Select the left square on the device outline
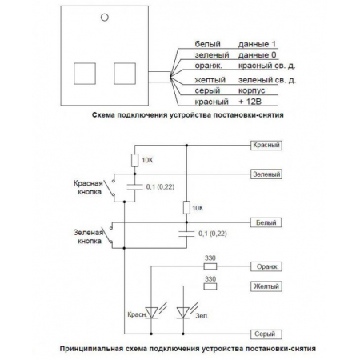[x=85, y=73]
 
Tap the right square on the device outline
[x=124, y=73]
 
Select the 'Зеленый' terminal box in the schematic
[x=266, y=173]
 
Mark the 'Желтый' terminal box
[x=266, y=285]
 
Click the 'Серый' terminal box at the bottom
[x=265, y=332]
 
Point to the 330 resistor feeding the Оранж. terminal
[x=211, y=266]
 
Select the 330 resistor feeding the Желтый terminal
[x=211, y=285]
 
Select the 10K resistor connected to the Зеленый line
[x=134, y=161]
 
